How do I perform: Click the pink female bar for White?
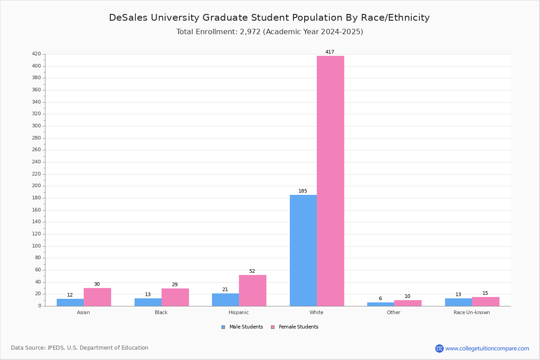tap(330, 181)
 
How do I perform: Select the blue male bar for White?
tap(303, 251)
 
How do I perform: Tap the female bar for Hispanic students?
tap(252, 291)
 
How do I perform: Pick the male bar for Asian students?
tap(70, 302)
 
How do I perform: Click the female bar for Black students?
tap(175, 297)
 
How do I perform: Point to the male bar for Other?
tap(381, 304)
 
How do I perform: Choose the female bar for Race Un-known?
tap(486, 301)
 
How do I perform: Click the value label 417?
tap(329, 52)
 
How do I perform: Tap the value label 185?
tap(303, 191)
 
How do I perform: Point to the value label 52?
tap(252, 271)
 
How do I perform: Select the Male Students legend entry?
tap(242, 327)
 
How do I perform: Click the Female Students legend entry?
tap(295, 327)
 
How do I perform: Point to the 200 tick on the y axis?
tap(36, 186)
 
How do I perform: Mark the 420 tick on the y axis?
tap(36, 54)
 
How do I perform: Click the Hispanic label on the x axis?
tap(238, 312)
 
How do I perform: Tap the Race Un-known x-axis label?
tap(472, 312)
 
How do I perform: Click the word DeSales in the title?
tap(128, 18)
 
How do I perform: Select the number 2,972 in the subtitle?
tap(250, 32)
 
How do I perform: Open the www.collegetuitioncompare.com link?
tap(487, 348)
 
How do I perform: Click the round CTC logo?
tap(439, 348)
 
